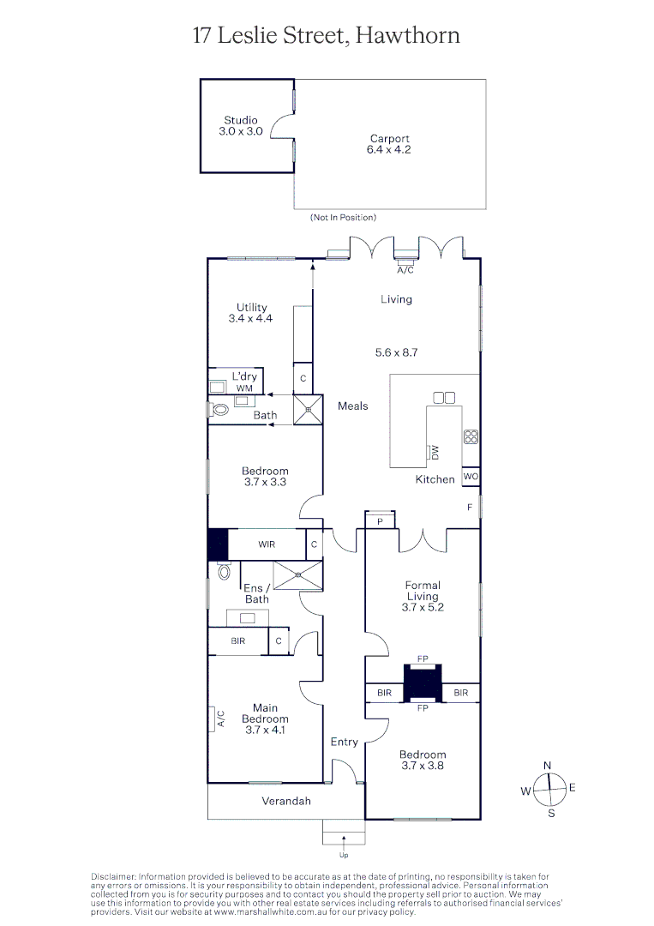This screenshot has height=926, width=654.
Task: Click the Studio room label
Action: coord(240,126)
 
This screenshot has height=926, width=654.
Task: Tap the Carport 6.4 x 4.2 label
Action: coord(389,144)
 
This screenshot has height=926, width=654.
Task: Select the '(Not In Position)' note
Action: coord(343,219)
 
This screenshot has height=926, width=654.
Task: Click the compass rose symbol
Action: coord(549,787)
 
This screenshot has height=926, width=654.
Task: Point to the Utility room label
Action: coord(251,313)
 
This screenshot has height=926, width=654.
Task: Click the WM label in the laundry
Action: coord(244,388)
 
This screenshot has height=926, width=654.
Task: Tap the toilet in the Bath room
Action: coord(219,410)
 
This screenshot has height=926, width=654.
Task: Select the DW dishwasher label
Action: coord(435,451)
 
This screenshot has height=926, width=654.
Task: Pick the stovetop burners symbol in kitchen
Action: coord(471,436)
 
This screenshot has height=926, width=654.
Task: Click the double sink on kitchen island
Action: coord(444,397)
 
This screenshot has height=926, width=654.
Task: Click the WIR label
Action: coord(267,544)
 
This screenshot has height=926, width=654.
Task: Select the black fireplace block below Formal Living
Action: coord(422,682)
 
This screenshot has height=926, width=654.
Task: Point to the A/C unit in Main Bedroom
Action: coord(213,719)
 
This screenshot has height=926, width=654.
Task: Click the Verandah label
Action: coord(286,801)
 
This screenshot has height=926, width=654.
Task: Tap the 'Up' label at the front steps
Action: coord(344,855)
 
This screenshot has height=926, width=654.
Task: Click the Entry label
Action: coord(345,742)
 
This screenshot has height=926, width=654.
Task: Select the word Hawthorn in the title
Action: coord(407,35)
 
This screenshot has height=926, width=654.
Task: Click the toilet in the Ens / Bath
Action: coord(224,571)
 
